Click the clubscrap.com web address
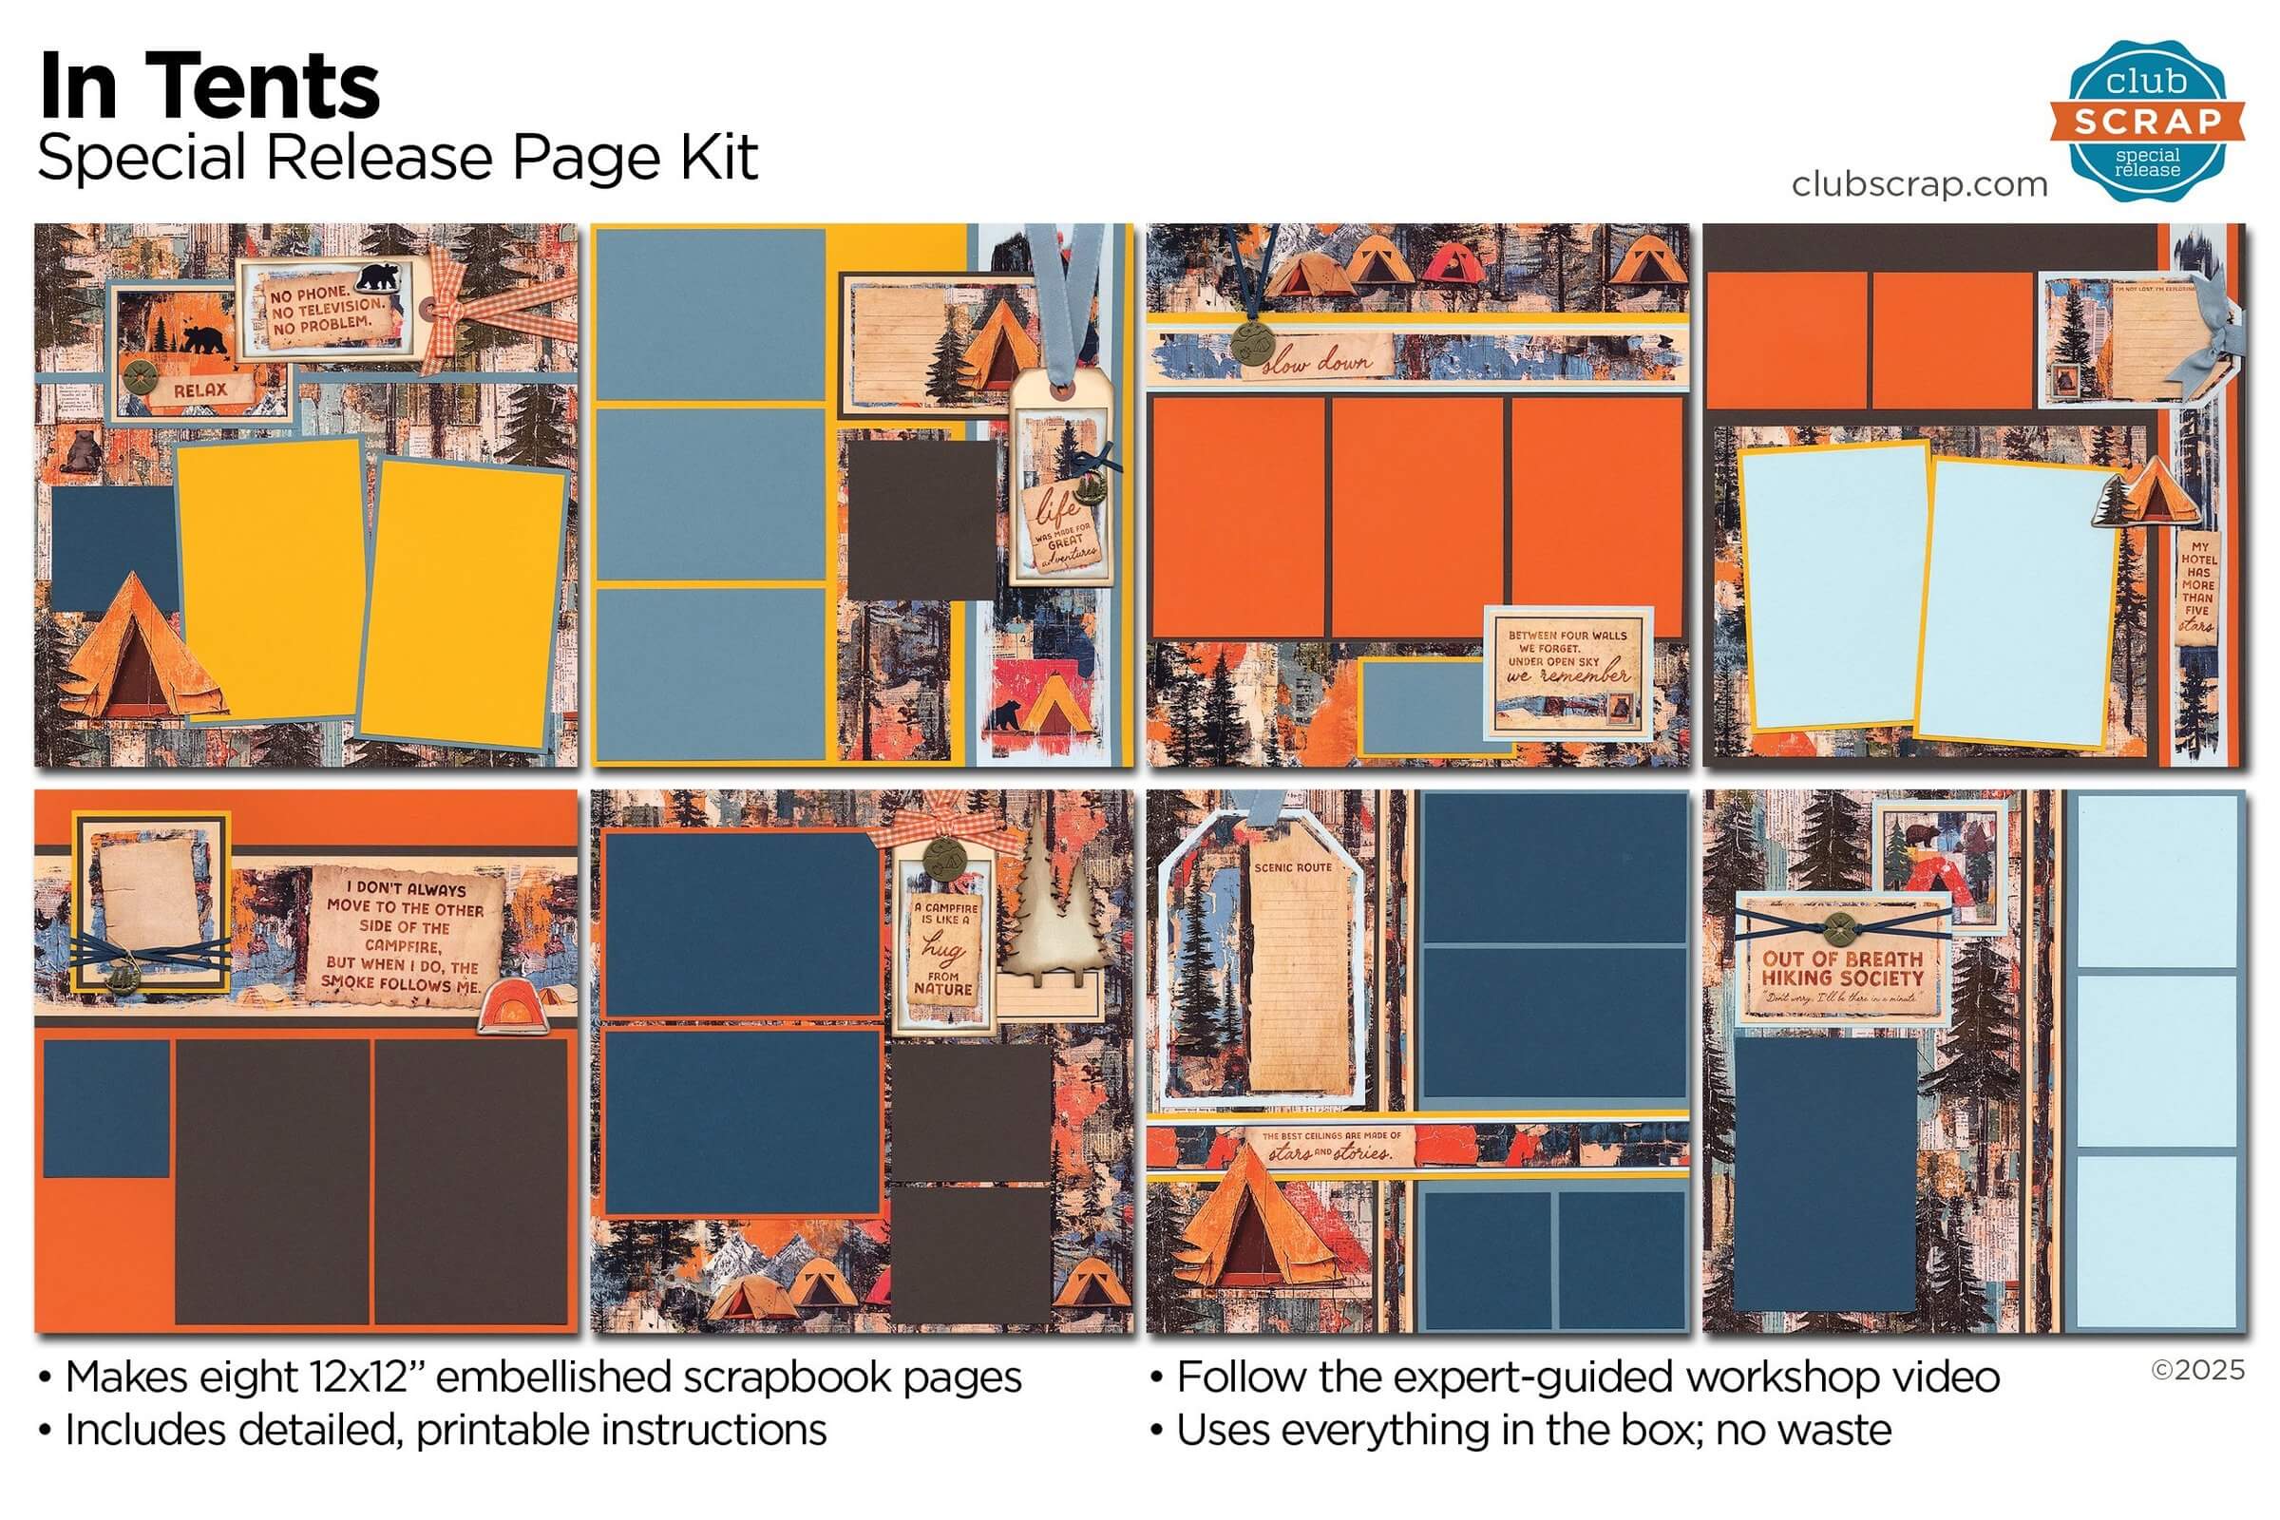(x=1918, y=183)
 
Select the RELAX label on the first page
(x=200, y=390)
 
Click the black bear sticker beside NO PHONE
(x=376, y=278)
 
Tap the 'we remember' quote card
(x=1568, y=668)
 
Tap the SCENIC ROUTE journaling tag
(x=1294, y=979)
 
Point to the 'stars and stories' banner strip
(x=1330, y=1146)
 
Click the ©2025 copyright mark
(x=2196, y=1370)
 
